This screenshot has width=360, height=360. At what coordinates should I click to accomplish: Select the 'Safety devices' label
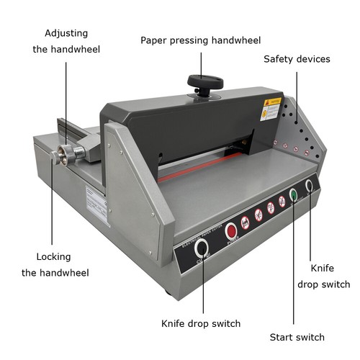(x=297, y=59)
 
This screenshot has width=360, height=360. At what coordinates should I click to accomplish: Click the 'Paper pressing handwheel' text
(x=200, y=40)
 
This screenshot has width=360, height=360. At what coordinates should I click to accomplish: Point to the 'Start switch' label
(x=297, y=337)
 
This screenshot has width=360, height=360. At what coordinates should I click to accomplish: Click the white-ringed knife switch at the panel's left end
(x=202, y=248)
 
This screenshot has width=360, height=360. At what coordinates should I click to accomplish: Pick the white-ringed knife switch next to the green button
(x=309, y=186)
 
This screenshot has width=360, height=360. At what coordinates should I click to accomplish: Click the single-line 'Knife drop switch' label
(x=201, y=323)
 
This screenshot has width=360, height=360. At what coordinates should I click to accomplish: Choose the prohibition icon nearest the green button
(x=282, y=202)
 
